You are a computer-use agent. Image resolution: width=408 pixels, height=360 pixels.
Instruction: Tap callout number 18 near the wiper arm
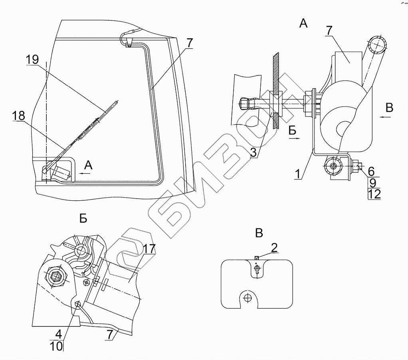pos(18,116)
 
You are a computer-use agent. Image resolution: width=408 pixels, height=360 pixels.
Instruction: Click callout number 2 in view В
pos(274,247)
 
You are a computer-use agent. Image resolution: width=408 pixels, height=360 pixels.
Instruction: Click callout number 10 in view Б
pos(56,345)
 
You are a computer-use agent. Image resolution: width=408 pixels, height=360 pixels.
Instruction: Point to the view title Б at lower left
pos(83,218)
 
